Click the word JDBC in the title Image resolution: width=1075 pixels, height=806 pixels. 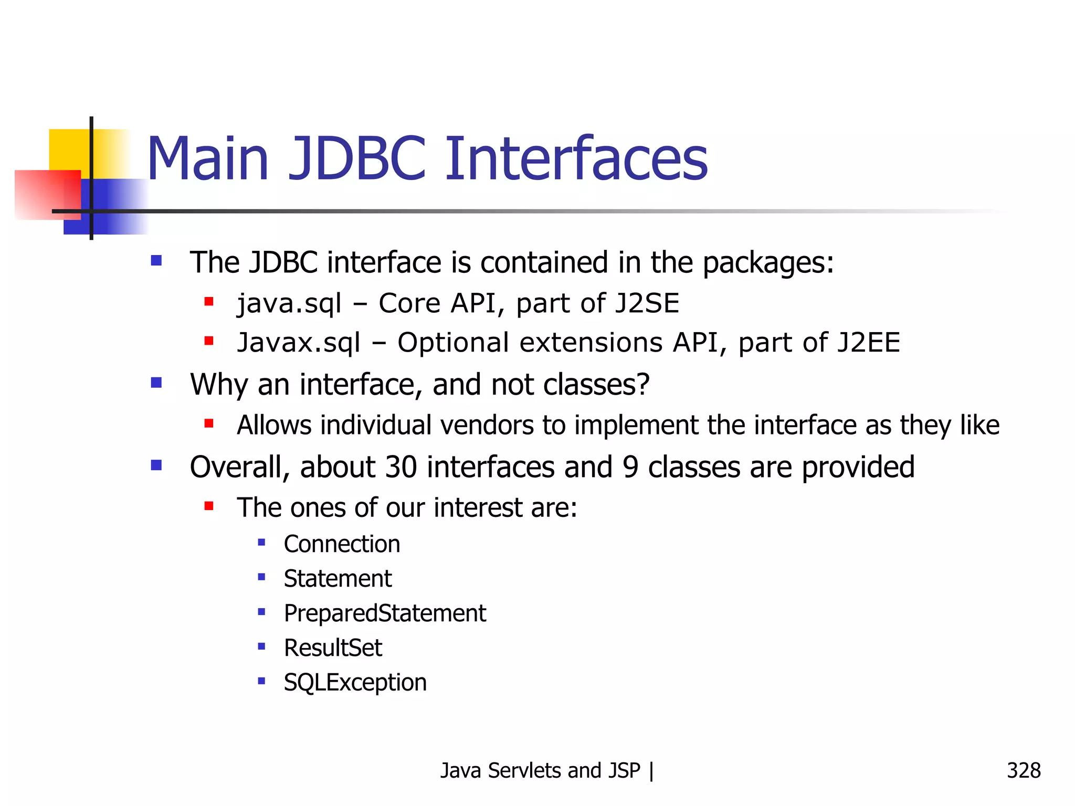[x=356, y=158]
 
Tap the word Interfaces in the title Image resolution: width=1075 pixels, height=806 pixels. [x=576, y=158]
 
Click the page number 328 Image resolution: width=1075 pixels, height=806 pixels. [x=1023, y=770]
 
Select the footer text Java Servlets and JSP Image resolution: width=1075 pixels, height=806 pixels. [x=540, y=770]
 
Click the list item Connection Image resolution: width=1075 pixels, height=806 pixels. [x=342, y=544]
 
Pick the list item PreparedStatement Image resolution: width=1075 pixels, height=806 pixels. [x=385, y=613]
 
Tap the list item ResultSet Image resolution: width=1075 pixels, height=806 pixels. [x=333, y=648]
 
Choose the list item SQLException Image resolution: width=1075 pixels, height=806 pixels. [x=355, y=683]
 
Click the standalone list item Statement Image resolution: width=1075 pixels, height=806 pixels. [x=338, y=579]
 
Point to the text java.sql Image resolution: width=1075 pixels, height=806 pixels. [x=289, y=304]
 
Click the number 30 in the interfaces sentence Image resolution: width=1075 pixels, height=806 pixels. [x=401, y=467]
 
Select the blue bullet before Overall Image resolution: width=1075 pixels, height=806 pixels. [x=156, y=465]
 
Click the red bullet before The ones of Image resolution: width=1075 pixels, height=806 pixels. [x=209, y=506]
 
